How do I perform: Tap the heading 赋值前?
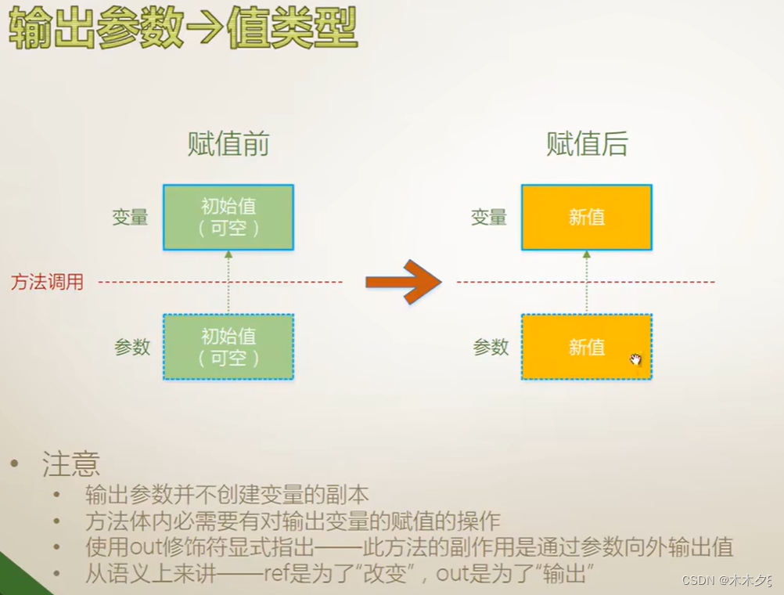click(228, 145)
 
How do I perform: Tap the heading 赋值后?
click(587, 145)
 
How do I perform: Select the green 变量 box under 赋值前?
click(228, 217)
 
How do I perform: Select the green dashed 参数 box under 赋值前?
click(228, 347)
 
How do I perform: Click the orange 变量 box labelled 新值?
click(587, 217)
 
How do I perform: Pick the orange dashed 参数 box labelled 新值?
click(587, 347)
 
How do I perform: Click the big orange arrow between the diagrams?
click(403, 281)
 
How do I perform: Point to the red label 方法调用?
click(47, 282)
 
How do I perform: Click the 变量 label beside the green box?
click(130, 218)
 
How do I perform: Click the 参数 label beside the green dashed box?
click(132, 347)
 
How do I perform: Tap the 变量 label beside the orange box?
click(489, 218)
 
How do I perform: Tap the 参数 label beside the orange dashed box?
click(491, 347)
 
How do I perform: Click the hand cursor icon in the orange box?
click(635, 359)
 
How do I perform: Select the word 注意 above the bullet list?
click(70, 464)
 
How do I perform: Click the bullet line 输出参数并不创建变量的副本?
click(227, 496)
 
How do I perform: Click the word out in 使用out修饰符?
click(145, 548)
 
